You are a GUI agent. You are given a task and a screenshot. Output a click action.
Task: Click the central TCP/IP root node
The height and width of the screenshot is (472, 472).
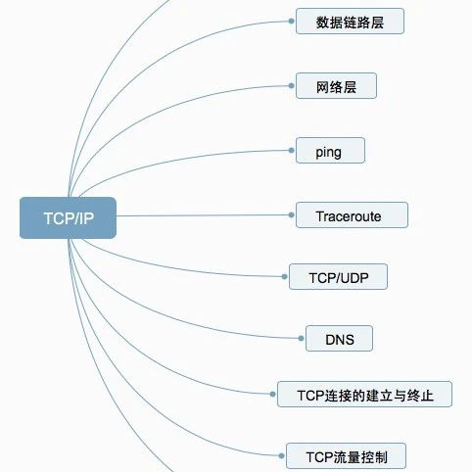[x=68, y=217]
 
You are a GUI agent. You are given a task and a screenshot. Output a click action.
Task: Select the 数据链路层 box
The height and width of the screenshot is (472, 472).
[x=350, y=22]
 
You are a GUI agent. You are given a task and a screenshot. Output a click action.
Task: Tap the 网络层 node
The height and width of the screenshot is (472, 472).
[x=336, y=86]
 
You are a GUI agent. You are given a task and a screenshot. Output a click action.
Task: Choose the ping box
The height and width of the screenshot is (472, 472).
[x=330, y=151]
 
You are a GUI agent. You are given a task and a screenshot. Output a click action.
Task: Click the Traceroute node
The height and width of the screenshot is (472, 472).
[x=352, y=215]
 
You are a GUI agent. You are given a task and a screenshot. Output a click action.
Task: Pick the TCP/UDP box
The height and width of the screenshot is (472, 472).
[x=338, y=277]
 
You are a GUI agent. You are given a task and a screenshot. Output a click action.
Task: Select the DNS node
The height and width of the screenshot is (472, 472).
[x=339, y=339]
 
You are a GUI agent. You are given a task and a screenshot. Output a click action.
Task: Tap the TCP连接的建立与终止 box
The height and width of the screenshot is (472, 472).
[x=364, y=395]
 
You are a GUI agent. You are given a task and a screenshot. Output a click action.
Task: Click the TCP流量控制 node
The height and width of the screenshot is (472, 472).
[x=346, y=456]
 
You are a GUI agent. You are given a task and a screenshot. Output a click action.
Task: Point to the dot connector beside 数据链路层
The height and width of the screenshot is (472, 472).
[x=291, y=22]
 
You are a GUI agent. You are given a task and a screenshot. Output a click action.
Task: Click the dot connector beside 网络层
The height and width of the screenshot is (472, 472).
[x=291, y=86]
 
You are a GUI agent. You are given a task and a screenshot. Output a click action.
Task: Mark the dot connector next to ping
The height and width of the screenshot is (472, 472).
[x=291, y=151]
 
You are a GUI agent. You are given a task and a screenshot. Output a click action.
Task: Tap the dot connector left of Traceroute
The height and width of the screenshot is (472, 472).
[x=291, y=215]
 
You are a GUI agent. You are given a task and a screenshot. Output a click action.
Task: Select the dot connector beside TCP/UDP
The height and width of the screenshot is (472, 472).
[x=285, y=277]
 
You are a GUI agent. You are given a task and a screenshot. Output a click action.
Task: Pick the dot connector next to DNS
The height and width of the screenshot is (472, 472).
[x=301, y=339]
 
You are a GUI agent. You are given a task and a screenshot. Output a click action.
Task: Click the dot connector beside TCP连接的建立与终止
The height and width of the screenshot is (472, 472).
[x=273, y=395]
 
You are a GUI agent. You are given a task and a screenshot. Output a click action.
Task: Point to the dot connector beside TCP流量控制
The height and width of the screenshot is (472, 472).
[x=282, y=456]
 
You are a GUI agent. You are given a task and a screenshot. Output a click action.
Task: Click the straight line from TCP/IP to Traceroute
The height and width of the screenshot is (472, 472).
[x=203, y=215]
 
